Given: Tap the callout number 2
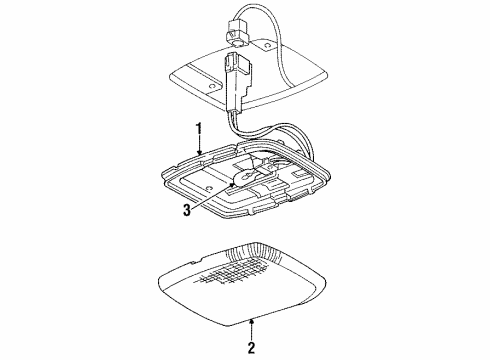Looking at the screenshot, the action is (x=251, y=348).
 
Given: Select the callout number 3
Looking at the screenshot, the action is (x=187, y=210).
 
